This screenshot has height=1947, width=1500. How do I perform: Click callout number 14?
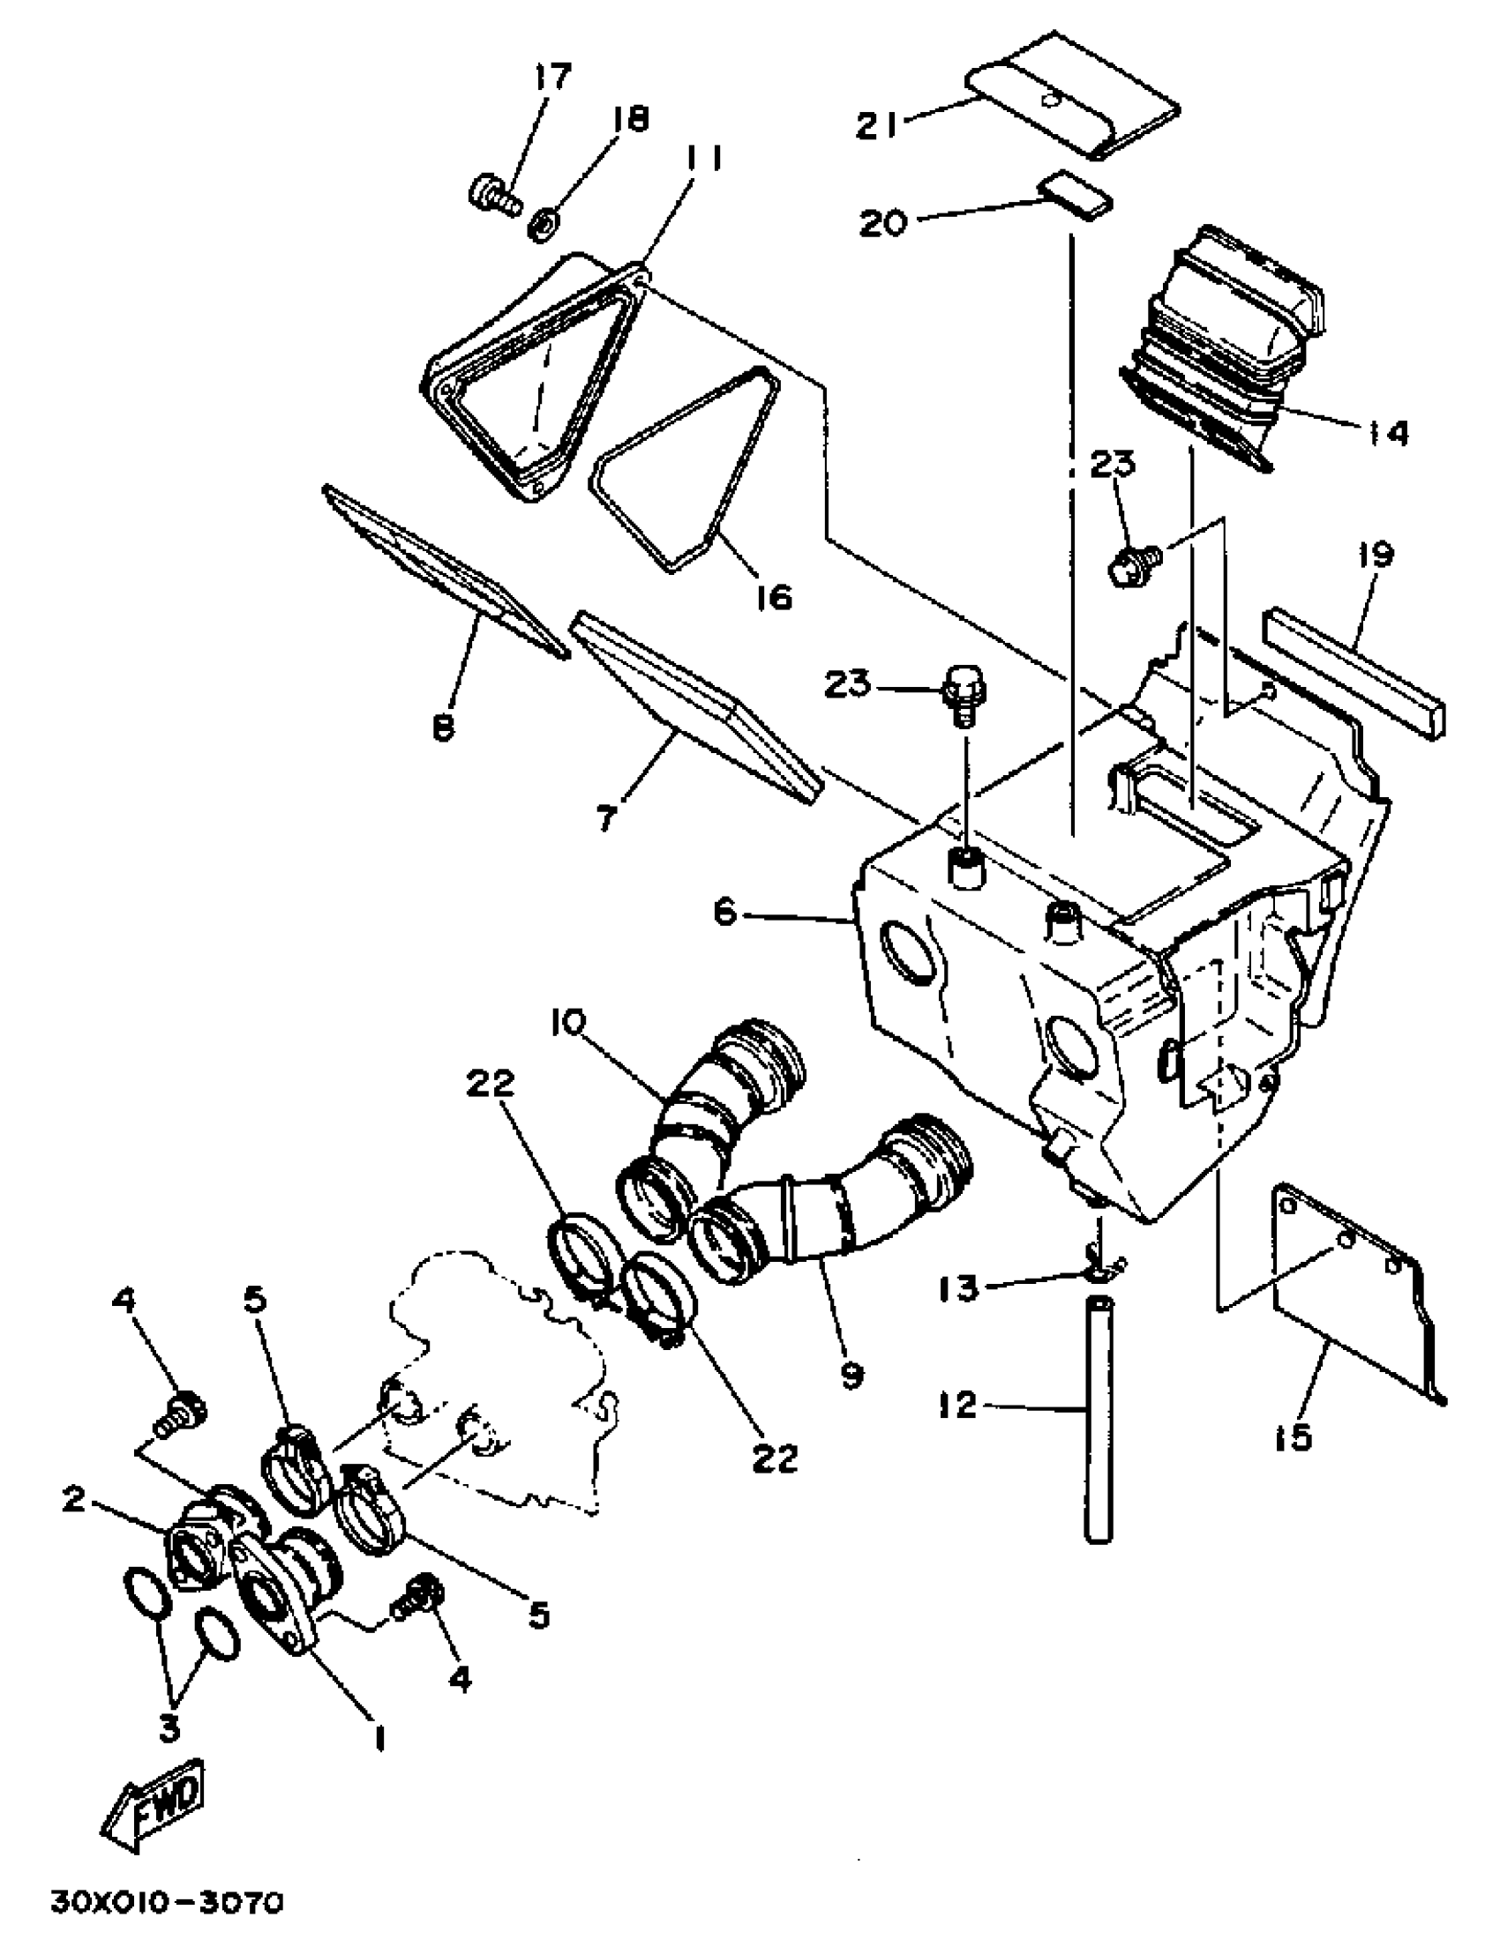(x=1384, y=434)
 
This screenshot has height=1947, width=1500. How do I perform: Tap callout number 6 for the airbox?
(x=725, y=913)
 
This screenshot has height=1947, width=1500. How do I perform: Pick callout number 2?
(x=74, y=1498)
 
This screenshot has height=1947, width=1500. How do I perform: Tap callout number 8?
(x=443, y=728)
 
